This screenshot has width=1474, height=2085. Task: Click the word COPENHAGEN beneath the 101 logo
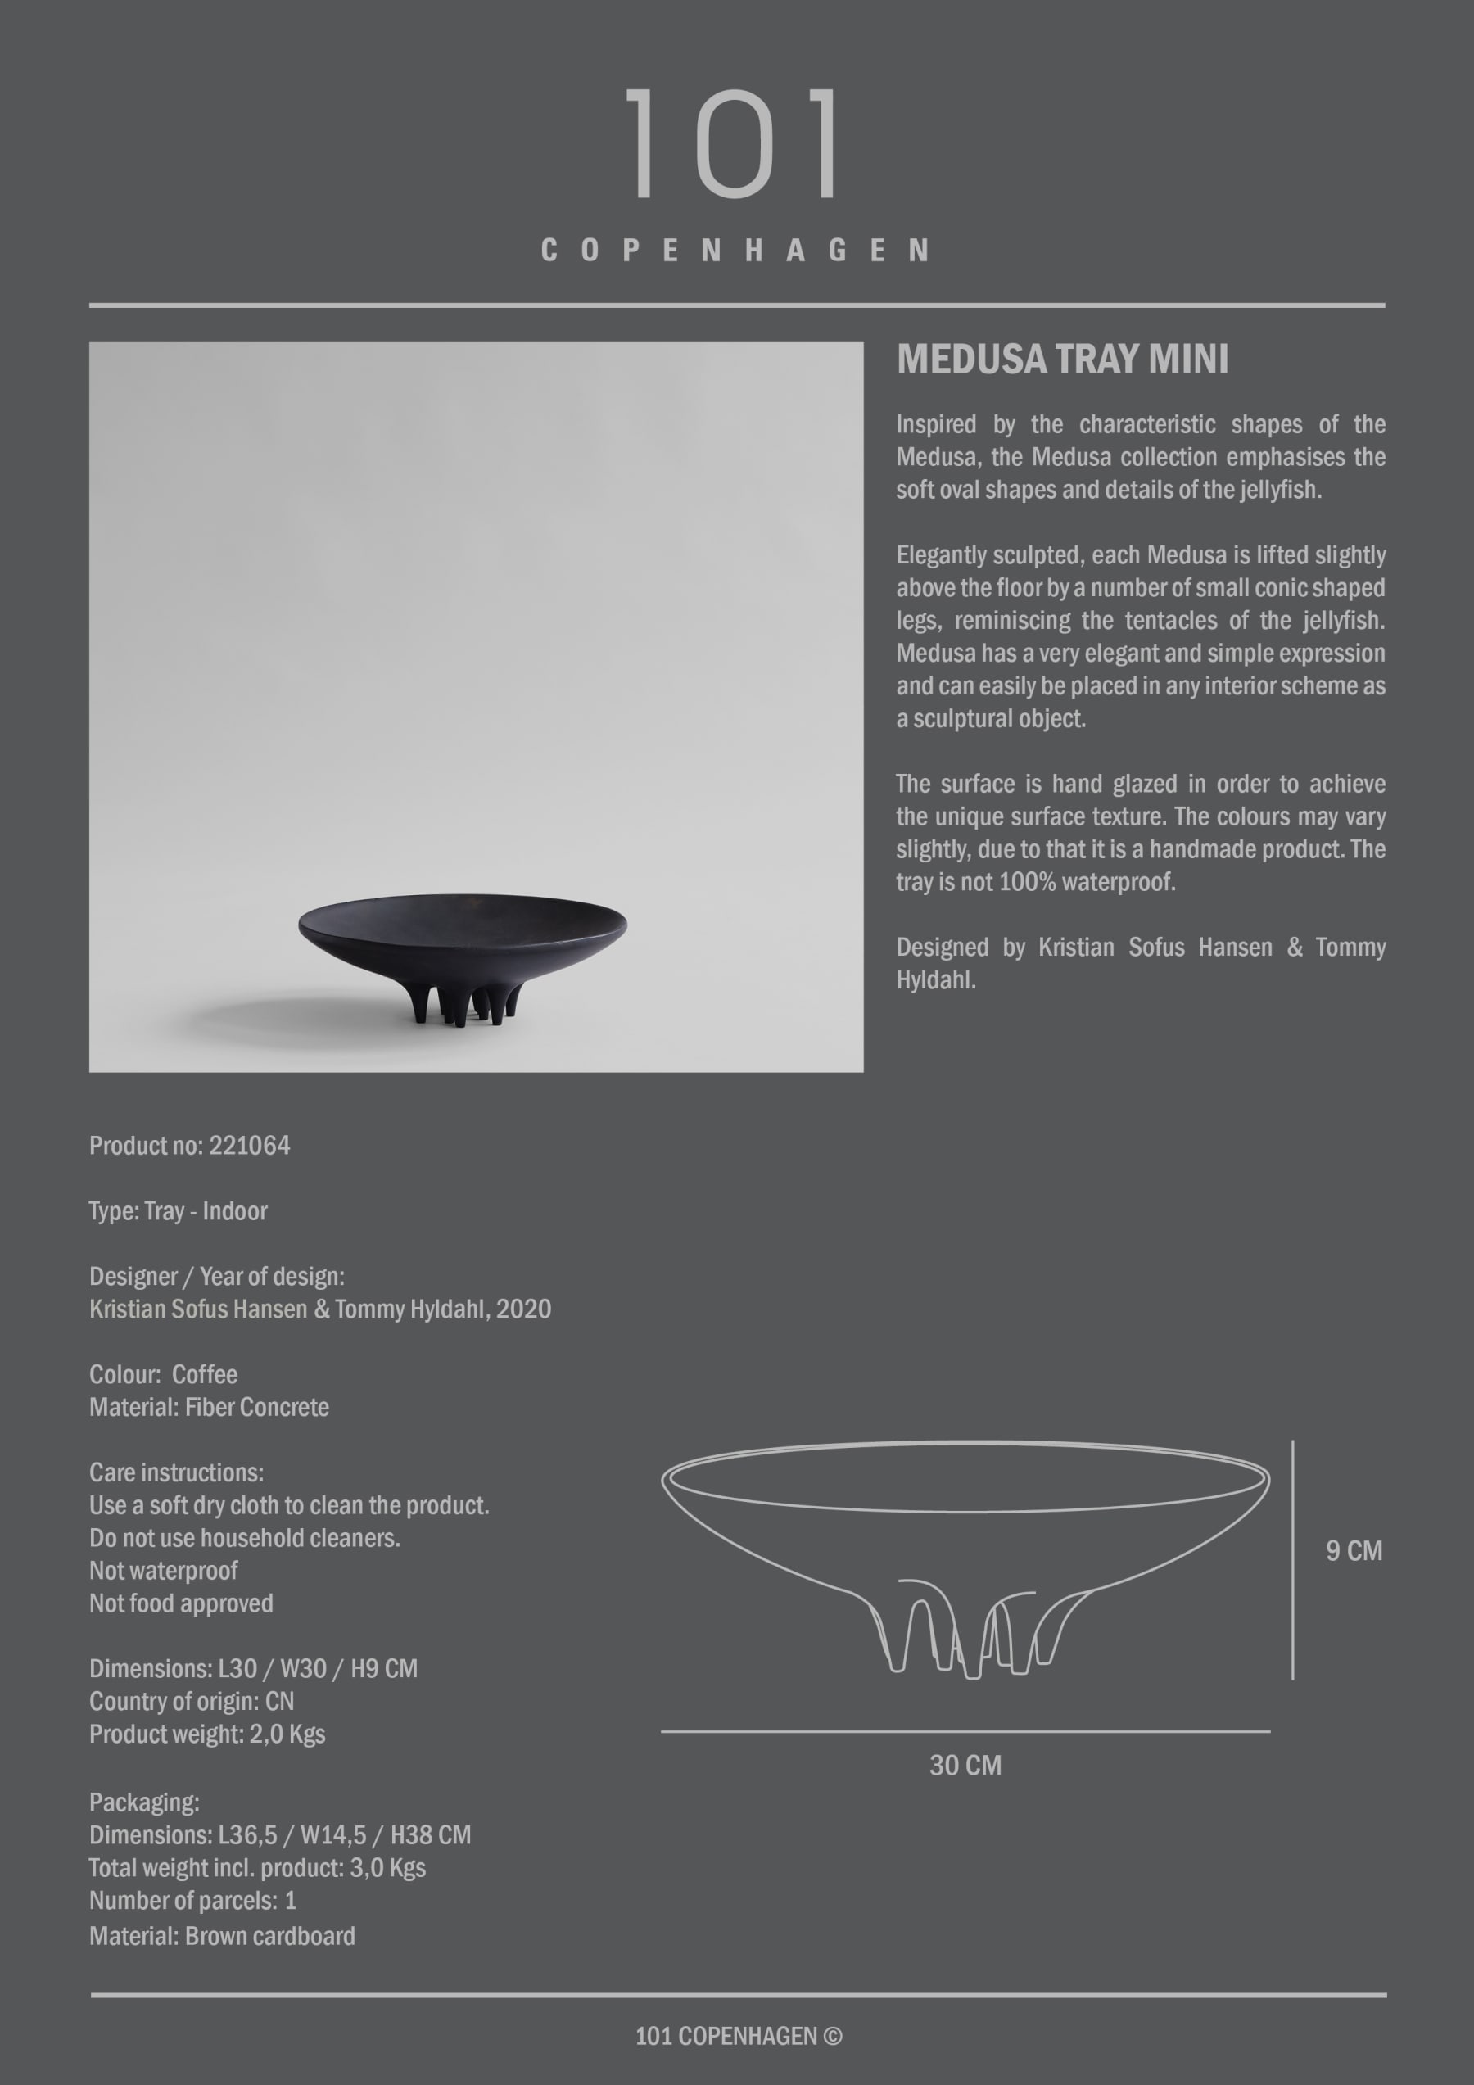click(735, 251)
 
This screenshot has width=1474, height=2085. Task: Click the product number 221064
click(250, 1146)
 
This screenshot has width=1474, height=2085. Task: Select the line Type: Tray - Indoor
click(178, 1211)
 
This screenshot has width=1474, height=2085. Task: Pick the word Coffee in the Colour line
click(205, 1375)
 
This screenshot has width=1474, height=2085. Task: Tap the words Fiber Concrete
click(257, 1408)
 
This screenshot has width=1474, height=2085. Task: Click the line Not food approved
click(181, 1603)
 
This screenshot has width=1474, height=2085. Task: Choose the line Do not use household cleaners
click(244, 1538)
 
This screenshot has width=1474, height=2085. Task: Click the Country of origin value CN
click(280, 1702)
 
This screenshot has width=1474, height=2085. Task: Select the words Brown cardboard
click(269, 1936)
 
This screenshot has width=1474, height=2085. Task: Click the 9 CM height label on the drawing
click(1353, 1551)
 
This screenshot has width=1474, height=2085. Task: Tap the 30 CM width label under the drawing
click(965, 1766)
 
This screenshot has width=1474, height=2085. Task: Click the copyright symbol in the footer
click(832, 2036)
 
